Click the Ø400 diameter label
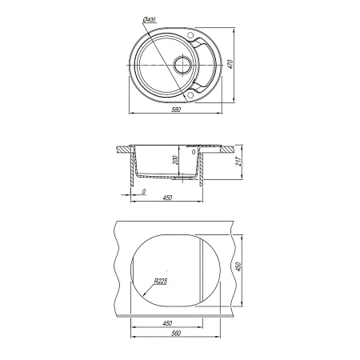tap(150, 20)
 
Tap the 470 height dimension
tap(230, 64)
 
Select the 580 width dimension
tap(176, 110)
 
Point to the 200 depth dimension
tap(175, 160)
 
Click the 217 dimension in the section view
tap(238, 162)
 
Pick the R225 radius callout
tap(161, 281)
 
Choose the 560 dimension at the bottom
tap(176, 333)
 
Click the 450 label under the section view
tap(167, 198)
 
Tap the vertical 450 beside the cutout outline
tap(238, 267)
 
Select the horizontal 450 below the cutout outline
tap(167, 323)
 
